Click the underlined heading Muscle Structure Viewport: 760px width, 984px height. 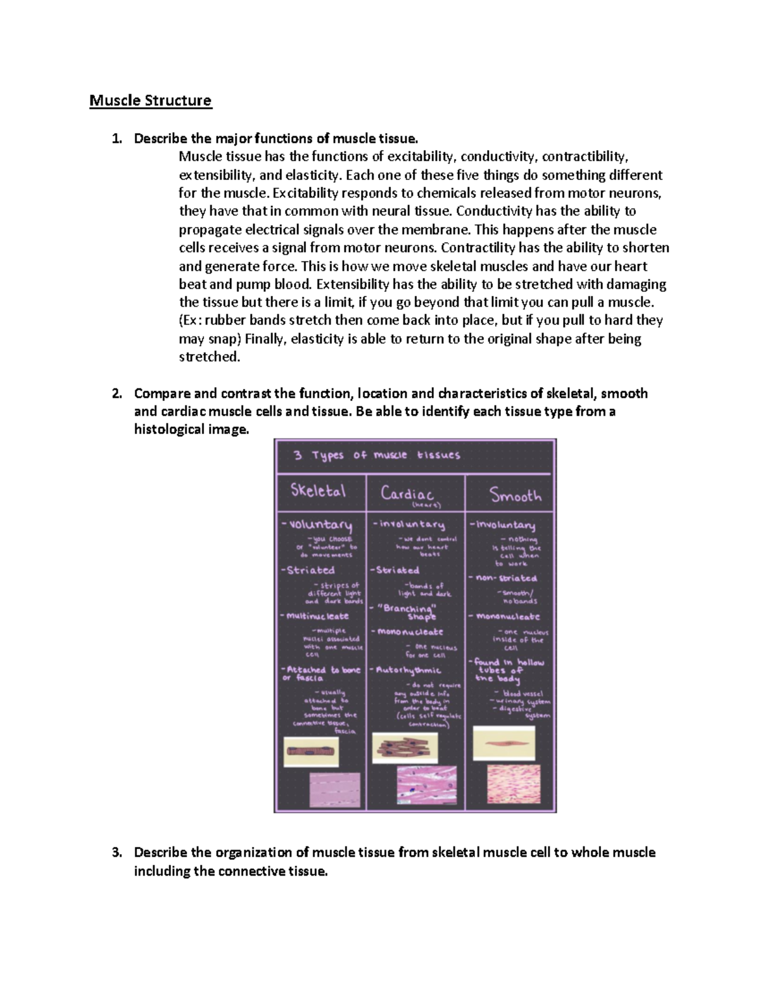pos(150,101)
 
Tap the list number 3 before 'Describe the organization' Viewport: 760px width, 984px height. pos(116,853)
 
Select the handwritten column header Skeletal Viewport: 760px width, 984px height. pos(319,491)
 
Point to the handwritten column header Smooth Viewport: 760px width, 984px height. pos(516,495)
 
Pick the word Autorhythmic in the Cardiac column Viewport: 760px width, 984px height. pos(408,670)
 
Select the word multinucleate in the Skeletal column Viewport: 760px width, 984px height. pos(317,616)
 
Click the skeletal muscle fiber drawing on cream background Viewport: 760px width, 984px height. pos(310,752)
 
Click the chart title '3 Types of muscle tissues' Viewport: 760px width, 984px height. pos(376,455)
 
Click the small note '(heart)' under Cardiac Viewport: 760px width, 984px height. pos(426,506)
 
